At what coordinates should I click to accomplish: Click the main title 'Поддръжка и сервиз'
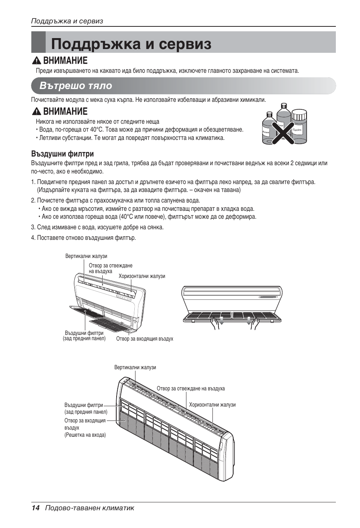[131, 44]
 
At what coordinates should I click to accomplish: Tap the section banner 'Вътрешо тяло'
[76, 86]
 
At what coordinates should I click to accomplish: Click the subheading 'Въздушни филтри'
[62, 154]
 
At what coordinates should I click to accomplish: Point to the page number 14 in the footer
[35, 508]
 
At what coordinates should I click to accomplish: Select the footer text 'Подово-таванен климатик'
[90, 508]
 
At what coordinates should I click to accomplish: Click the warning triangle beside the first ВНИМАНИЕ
[37, 61]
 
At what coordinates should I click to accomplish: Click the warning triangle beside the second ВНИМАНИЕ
[37, 112]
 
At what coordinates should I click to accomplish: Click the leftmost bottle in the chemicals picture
[268, 129]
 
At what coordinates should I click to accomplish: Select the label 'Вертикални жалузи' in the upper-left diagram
[86, 256]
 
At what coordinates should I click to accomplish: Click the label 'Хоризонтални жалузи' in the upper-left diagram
[142, 276]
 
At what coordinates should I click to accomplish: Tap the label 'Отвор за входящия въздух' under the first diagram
[145, 339]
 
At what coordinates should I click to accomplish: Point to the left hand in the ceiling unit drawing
[215, 323]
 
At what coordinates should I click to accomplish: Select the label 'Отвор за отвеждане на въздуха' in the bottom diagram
[191, 389]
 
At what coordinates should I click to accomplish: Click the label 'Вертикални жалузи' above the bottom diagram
[135, 368]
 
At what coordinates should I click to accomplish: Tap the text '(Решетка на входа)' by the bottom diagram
[85, 435]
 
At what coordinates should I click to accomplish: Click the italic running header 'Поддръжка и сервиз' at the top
[67, 21]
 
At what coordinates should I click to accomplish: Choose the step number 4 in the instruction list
[33, 238]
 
